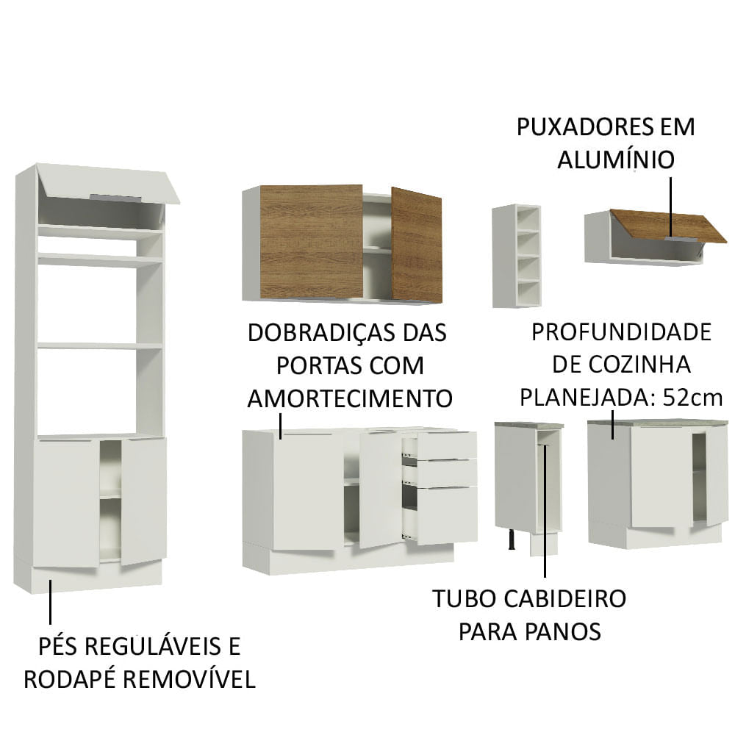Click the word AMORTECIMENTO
[349, 398]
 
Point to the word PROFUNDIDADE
[621, 332]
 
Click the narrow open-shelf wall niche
[517, 255]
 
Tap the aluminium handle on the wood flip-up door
[676, 239]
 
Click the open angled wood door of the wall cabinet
[416, 245]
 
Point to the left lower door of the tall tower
[66, 502]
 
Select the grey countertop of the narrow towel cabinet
[529, 425]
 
